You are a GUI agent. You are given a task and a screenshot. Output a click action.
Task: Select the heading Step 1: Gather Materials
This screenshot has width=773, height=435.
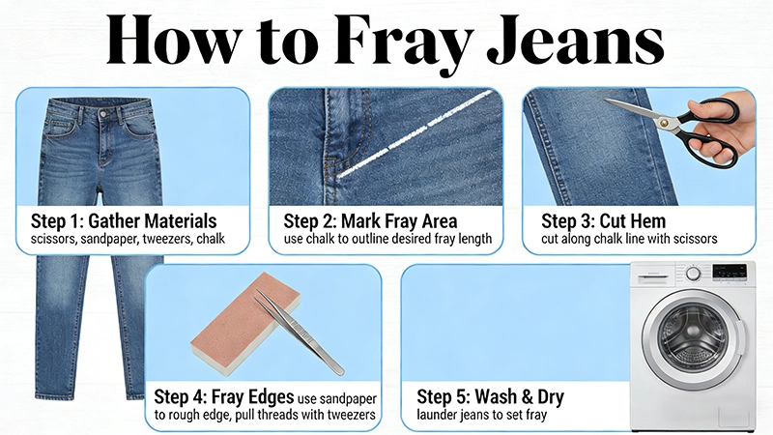tap(124, 221)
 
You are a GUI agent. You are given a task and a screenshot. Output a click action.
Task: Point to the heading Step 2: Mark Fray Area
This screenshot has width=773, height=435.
tap(370, 221)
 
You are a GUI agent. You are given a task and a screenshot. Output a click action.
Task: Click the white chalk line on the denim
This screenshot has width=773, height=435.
tap(415, 133)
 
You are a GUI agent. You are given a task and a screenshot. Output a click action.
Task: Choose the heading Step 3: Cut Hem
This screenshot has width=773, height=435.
tap(603, 221)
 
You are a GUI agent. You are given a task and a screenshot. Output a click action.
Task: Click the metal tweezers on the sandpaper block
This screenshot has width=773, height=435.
tap(300, 333)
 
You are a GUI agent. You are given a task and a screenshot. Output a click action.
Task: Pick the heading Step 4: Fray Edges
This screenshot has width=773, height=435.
tap(224, 396)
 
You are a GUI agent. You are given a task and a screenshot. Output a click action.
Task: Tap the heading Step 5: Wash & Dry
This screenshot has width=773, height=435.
tap(491, 396)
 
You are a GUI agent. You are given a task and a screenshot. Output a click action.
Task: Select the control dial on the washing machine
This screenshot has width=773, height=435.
tap(694, 274)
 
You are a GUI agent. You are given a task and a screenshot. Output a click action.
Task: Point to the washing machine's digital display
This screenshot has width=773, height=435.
tap(730, 272)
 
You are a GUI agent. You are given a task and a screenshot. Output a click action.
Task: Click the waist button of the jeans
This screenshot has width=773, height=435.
tap(104, 114)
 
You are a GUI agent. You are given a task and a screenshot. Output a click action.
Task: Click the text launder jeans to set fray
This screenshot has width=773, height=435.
tap(481, 416)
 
